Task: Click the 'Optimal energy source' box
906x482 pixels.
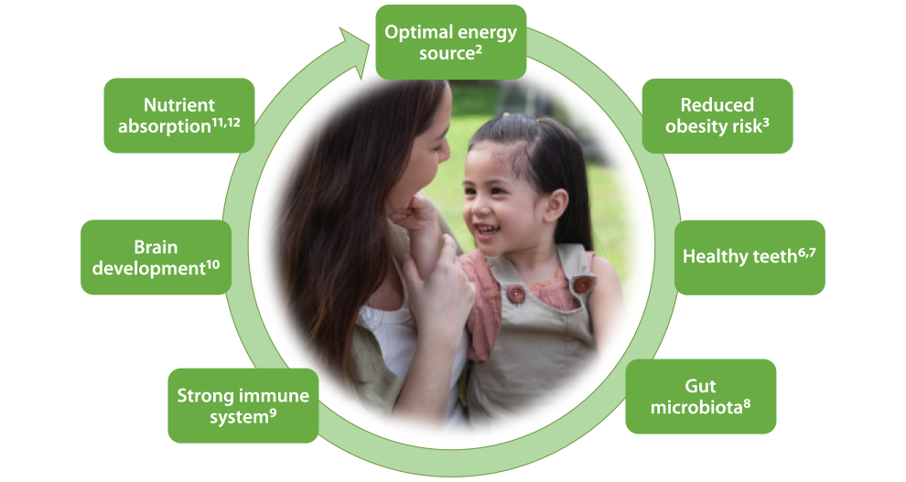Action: click(x=450, y=42)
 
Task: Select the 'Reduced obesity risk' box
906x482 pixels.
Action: click(x=717, y=116)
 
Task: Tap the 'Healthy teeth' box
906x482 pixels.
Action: click(x=750, y=257)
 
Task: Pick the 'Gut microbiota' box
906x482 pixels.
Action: click(x=700, y=397)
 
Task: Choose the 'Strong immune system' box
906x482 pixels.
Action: click(x=243, y=406)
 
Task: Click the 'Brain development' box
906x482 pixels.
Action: click(x=156, y=257)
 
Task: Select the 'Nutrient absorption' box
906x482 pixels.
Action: click(x=179, y=115)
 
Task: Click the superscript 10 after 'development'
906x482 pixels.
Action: click(x=212, y=265)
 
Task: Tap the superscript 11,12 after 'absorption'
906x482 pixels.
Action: click(x=226, y=123)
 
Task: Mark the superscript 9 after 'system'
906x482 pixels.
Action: click(x=273, y=413)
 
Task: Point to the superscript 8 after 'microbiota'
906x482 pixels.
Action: click(x=747, y=404)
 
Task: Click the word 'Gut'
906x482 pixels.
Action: click(x=700, y=386)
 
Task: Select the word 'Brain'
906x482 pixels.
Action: click(x=156, y=247)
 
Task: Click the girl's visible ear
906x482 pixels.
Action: click(x=555, y=205)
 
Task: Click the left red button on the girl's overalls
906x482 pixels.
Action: click(x=515, y=294)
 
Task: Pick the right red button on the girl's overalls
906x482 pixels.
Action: click(x=582, y=284)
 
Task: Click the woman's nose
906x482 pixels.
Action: click(x=444, y=149)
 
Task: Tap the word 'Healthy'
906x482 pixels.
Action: click(x=709, y=256)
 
